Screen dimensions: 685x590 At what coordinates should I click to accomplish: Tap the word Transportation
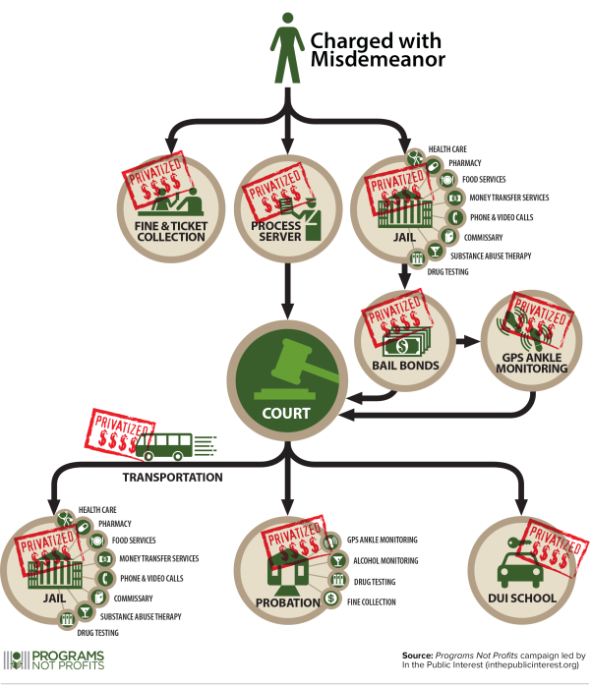(172, 478)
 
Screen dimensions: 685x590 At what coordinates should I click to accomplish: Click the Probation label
(289, 601)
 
